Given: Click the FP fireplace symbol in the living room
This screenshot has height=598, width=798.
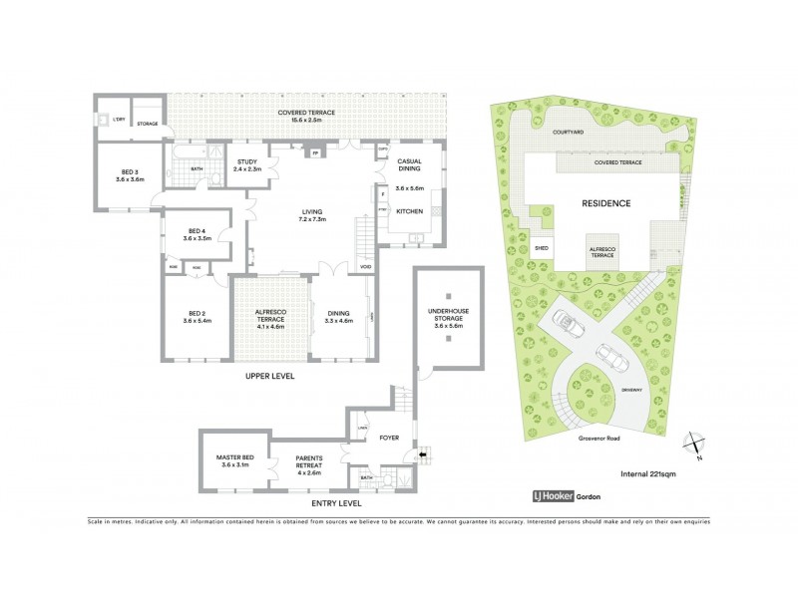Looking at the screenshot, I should coord(315,153).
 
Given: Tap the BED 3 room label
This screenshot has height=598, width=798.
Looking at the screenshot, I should coord(131,175).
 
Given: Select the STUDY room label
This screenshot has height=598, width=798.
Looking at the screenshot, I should coord(246,165).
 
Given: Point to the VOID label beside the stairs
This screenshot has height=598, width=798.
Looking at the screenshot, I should coord(366,267).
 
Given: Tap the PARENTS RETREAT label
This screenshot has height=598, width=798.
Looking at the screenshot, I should coord(307,465).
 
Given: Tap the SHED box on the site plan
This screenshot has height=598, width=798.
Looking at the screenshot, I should coord(542,248).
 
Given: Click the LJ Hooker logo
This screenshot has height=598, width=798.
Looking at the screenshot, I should coord(565,494).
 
